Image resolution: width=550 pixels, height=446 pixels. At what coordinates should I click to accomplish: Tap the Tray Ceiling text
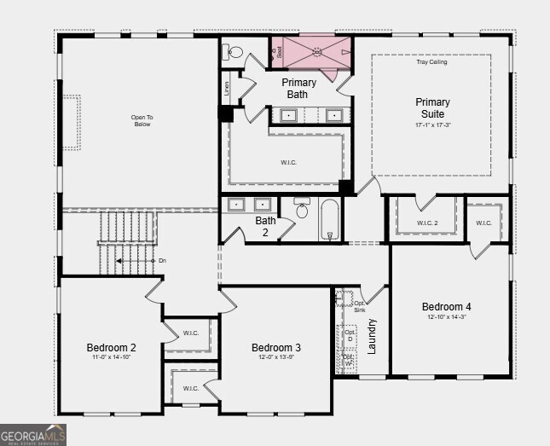tap(431, 62)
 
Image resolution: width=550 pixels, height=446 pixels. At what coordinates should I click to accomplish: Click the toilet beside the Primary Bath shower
tap(233, 52)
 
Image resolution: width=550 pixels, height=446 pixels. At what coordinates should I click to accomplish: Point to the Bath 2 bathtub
tap(330, 220)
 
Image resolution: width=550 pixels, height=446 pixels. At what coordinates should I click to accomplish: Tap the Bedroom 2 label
tap(111, 347)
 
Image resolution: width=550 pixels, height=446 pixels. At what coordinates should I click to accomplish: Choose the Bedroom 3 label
tap(275, 347)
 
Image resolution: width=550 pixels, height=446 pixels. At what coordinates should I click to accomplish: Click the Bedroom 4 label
tap(446, 306)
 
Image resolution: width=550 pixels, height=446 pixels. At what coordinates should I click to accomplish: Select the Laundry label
tap(372, 336)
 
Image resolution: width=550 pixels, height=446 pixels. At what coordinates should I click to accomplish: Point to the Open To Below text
tap(142, 121)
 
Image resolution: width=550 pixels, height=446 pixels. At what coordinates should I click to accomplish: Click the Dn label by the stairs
tap(162, 261)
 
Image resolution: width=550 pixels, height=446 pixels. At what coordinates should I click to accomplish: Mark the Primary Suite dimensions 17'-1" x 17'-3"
tap(431, 125)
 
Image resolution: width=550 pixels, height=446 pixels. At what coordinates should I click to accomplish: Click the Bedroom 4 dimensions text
tap(446, 317)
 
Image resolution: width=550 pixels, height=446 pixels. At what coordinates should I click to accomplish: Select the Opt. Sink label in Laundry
tap(360, 307)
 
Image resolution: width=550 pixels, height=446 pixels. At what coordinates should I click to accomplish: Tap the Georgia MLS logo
tap(33, 434)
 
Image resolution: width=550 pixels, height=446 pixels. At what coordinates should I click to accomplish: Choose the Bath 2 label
tap(265, 226)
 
